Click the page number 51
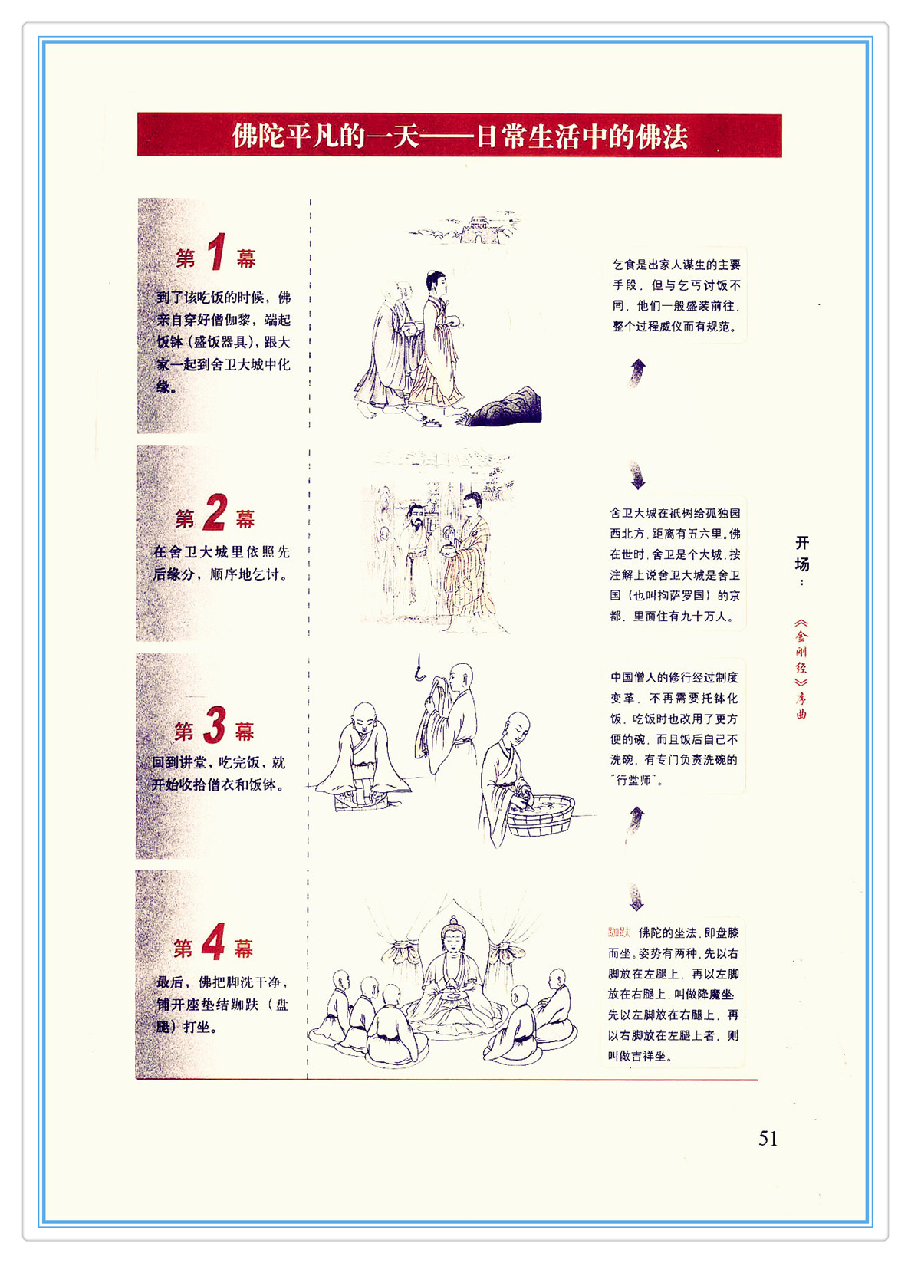point(768,1139)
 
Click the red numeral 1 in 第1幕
point(216,252)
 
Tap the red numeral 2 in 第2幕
point(215,512)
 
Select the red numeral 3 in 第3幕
point(214,725)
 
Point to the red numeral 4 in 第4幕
point(213,941)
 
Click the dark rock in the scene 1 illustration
point(505,407)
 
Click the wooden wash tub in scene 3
point(540,814)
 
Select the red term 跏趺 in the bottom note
point(618,932)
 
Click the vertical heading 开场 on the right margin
point(801,555)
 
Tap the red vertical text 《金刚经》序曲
point(801,669)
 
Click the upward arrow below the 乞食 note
point(637,373)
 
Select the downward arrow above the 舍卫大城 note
point(637,474)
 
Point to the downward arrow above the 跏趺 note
point(636,897)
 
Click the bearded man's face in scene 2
point(416,517)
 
